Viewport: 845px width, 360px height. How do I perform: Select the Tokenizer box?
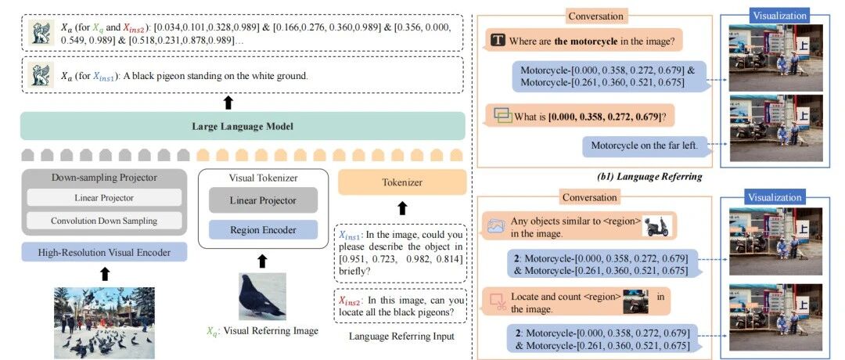pyautogui.click(x=402, y=182)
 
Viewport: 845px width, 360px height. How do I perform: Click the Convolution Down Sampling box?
pyautogui.click(x=104, y=221)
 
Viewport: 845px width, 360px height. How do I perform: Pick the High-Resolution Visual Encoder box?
pyautogui.click(x=104, y=252)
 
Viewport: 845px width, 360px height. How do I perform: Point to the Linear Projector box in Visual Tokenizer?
pyautogui.click(x=262, y=200)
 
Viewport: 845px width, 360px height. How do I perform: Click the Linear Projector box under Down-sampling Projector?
pyautogui.click(x=104, y=197)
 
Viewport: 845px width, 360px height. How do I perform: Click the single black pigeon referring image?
pyautogui.click(x=262, y=296)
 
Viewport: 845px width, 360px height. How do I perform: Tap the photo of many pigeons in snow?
pyautogui.click(x=104, y=317)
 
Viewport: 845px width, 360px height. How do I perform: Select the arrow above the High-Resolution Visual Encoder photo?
pyautogui.click(x=104, y=274)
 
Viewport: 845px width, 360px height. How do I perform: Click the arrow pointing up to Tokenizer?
pyautogui.click(x=402, y=208)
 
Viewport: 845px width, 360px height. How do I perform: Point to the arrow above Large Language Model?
pyautogui.click(x=228, y=103)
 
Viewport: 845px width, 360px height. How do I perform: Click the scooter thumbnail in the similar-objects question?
pyautogui.click(x=656, y=226)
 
